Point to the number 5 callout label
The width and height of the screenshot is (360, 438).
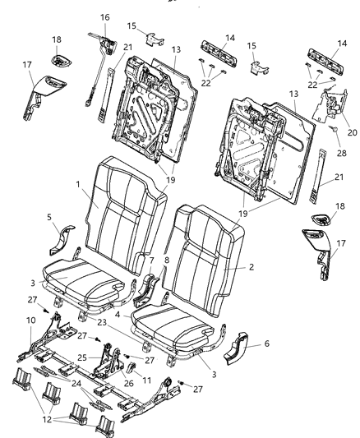[51, 218]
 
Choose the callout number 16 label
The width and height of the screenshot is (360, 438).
[104, 16]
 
